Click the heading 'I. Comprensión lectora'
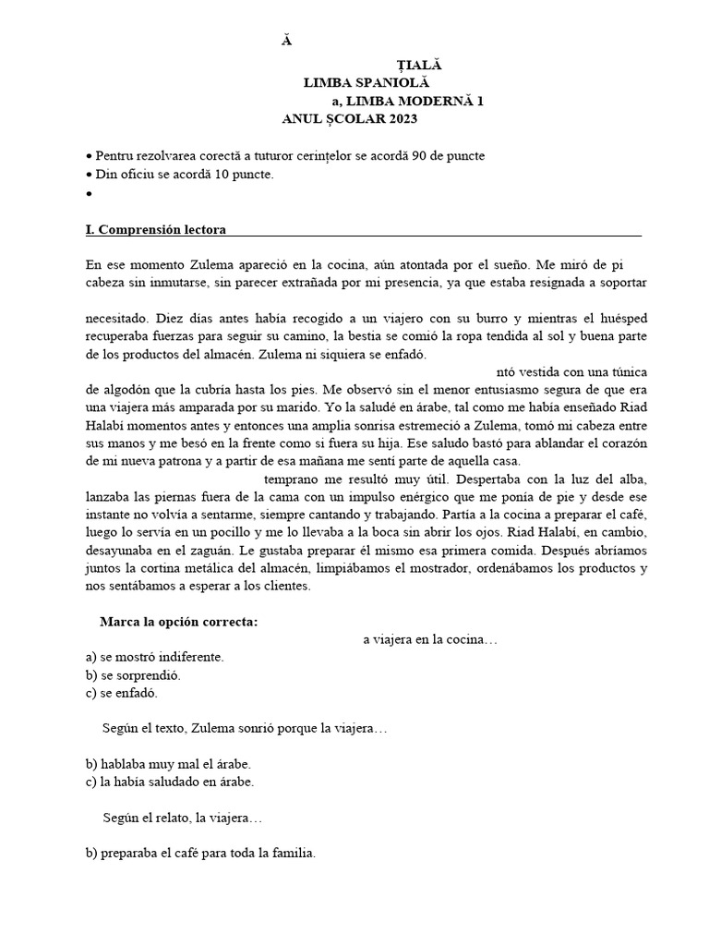point(155,229)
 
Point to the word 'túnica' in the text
point(626,372)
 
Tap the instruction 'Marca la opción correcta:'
point(178,622)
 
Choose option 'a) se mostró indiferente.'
point(153,658)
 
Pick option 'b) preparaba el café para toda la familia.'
point(199,854)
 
